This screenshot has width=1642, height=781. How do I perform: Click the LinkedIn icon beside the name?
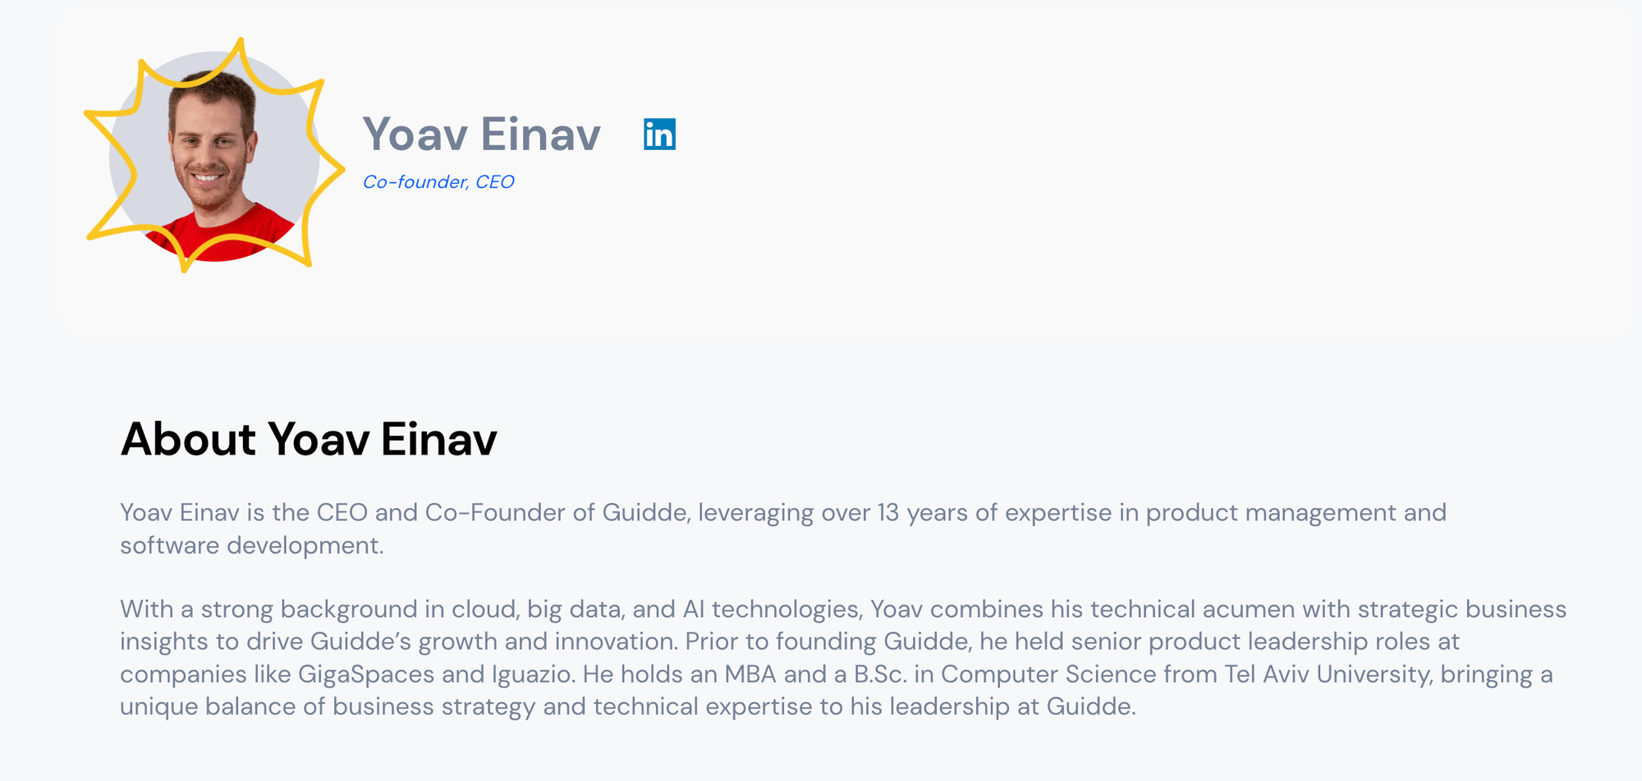pyautogui.click(x=659, y=135)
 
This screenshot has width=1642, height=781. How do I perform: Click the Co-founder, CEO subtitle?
pyautogui.click(x=438, y=182)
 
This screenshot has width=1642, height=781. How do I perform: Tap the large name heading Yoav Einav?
pyautogui.click(x=482, y=135)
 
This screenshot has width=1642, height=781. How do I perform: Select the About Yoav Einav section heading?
pyautogui.click(x=309, y=439)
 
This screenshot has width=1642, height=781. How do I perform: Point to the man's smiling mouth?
pyautogui.click(x=209, y=177)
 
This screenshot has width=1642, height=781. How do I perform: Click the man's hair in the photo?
pyautogui.click(x=213, y=90)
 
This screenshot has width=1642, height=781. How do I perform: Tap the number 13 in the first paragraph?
pyautogui.click(x=888, y=513)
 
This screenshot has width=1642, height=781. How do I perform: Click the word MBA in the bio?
pyautogui.click(x=750, y=674)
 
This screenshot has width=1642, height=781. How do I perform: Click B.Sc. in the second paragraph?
pyautogui.click(x=880, y=674)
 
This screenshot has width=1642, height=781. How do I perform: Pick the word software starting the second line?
pyautogui.click(x=170, y=546)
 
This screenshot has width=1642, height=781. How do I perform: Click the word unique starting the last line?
pyautogui.click(x=159, y=707)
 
